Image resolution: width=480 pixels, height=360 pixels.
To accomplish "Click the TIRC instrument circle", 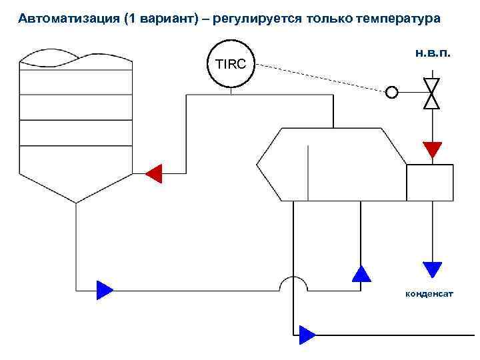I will (x=231, y=65).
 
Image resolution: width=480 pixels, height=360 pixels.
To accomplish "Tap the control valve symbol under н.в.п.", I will (x=433, y=93).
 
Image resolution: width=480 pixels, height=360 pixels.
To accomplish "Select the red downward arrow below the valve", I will (x=433, y=149).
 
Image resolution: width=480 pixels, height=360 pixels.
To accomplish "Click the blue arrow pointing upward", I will (x=361, y=273).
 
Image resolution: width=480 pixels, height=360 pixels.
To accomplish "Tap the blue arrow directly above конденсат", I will (x=433, y=269).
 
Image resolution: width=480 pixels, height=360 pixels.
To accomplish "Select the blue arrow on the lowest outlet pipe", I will (x=307, y=333).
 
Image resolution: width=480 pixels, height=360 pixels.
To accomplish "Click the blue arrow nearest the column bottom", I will (x=105, y=290).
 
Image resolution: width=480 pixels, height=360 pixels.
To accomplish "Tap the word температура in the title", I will (x=400, y=19).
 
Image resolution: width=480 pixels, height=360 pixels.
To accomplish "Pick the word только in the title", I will (x=329, y=19).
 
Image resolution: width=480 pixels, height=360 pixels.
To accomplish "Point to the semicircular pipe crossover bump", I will (x=293, y=283).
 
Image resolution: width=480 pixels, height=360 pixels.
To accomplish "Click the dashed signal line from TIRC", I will (x=320, y=78).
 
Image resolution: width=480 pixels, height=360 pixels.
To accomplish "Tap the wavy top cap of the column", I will (x=76, y=59).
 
